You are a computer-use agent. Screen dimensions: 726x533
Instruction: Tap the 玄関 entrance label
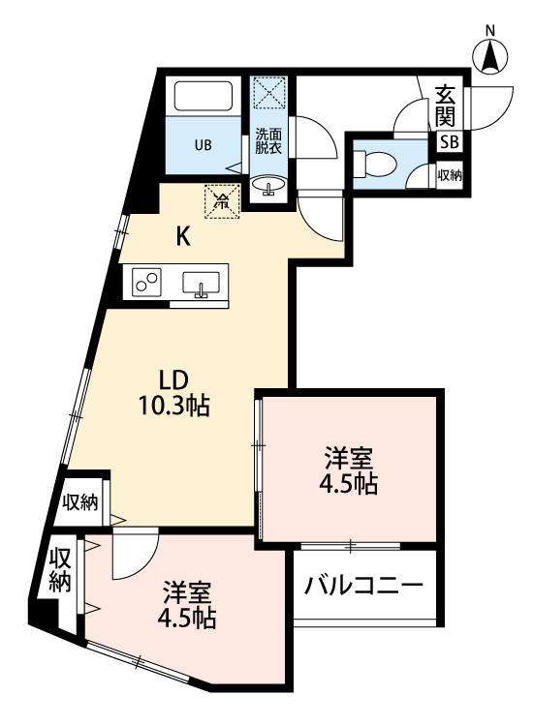[x=446, y=106]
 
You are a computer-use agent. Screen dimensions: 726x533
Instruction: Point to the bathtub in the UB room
[x=203, y=97]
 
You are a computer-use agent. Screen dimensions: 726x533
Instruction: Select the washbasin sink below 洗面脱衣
[x=268, y=184]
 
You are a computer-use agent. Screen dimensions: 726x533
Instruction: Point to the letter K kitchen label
[x=182, y=236]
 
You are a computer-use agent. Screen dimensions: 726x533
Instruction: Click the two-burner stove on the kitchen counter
[x=148, y=283]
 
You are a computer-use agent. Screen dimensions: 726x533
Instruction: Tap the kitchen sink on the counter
[x=201, y=285]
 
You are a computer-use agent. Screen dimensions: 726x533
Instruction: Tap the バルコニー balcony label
[x=363, y=586]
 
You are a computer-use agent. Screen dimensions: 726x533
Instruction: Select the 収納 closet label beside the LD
[x=80, y=502]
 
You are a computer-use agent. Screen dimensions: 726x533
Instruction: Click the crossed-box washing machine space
[x=267, y=94]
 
